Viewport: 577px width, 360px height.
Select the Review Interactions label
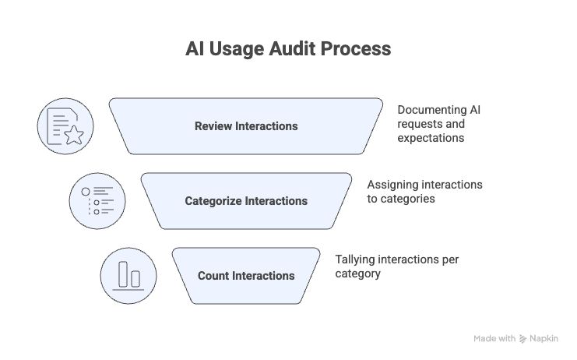[246, 126]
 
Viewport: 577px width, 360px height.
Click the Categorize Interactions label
[246, 201]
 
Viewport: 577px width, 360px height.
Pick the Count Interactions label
[246, 276]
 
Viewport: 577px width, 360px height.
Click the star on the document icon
[74, 135]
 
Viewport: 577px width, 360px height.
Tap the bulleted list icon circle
[97, 201]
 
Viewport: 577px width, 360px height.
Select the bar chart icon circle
[128, 276]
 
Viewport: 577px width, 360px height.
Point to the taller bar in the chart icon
[123, 274]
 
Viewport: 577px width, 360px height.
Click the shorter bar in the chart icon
[135, 279]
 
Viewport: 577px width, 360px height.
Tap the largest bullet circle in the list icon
[86, 192]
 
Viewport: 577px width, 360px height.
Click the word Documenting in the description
[427, 110]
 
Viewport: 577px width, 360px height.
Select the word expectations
[431, 138]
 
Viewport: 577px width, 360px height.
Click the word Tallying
[355, 259]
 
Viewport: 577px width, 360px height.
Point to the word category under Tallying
[357, 274]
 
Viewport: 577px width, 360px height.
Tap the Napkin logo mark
[523, 339]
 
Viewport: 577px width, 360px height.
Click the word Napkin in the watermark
[544, 339]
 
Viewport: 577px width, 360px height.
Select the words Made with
[494, 339]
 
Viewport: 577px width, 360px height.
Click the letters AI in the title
[195, 48]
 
